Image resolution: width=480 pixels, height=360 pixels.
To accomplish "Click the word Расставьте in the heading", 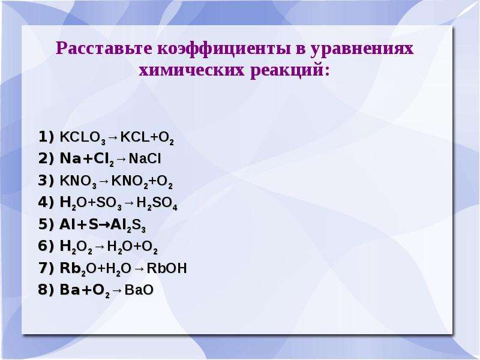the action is (x=104, y=49).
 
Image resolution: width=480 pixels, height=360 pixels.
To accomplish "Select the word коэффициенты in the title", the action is (x=224, y=49).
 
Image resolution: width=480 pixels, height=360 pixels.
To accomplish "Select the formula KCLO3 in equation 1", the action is (x=83, y=138).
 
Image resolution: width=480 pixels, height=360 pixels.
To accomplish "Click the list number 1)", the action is (x=46, y=137).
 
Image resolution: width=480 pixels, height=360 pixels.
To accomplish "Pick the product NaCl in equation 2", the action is (x=145, y=158).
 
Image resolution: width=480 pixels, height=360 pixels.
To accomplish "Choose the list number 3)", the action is (x=46, y=181).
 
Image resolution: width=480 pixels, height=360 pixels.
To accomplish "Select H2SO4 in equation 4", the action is (x=157, y=203).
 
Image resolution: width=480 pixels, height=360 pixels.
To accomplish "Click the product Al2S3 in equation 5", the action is (x=128, y=226).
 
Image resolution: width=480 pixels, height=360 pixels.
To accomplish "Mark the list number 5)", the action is (x=46, y=224).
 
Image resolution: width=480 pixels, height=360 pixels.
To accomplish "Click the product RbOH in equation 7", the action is (x=167, y=268).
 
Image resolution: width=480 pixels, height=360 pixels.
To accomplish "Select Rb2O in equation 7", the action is (x=78, y=269).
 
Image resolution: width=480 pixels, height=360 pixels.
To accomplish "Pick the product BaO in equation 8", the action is (x=139, y=290).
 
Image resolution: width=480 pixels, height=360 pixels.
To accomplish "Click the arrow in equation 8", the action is (x=117, y=290).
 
